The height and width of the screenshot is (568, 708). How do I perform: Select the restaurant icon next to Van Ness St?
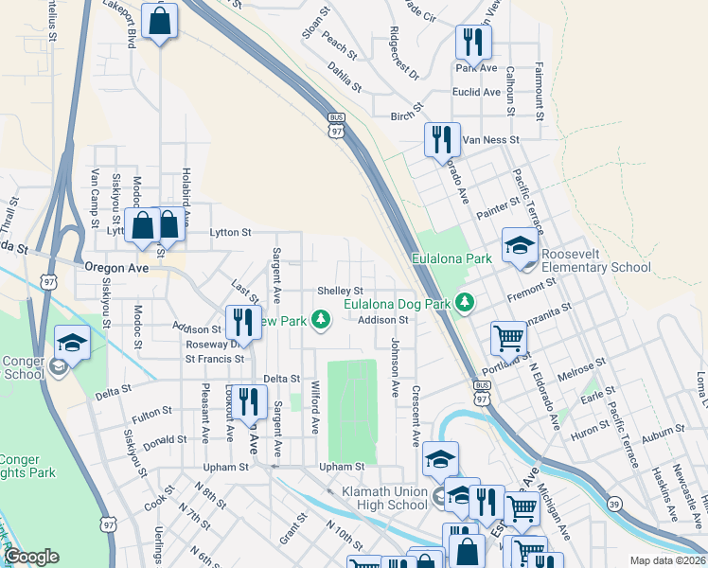[442, 140]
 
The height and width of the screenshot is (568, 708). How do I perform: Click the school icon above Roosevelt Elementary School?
[520, 246]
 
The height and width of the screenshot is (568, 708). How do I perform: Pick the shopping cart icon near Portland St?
[508, 338]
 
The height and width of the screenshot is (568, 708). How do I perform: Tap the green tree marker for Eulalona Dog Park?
[465, 302]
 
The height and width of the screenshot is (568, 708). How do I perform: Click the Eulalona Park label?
[451, 258]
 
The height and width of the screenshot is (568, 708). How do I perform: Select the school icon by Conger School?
[72, 344]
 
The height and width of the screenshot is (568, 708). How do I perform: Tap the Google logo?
[32, 557]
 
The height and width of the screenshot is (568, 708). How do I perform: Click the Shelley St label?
[340, 291]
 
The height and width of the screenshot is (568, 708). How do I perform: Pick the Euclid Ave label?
[477, 92]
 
